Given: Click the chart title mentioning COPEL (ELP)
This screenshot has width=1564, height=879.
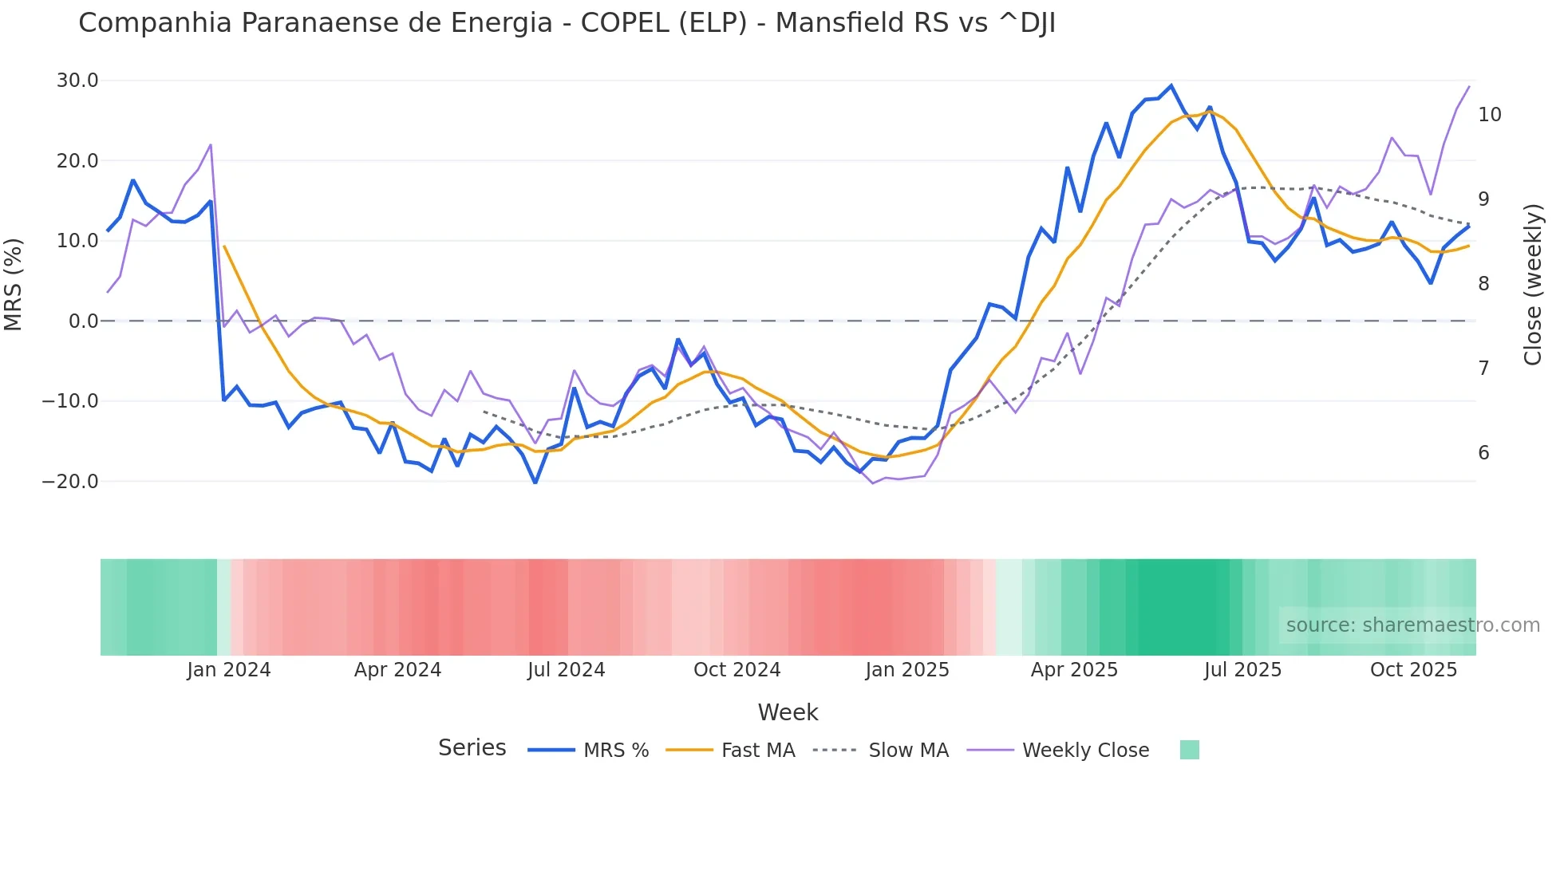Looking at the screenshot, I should [x=567, y=23].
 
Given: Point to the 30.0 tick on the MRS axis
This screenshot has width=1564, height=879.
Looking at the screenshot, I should [x=77, y=81].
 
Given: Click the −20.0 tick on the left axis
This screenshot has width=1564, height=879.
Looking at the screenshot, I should [x=70, y=482].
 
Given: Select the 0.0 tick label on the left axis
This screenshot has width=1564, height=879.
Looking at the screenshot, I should [x=83, y=321].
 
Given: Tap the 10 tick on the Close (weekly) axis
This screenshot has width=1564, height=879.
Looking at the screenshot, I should [x=1489, y=115].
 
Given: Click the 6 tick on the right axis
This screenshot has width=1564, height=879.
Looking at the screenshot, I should [x=1483, y=453].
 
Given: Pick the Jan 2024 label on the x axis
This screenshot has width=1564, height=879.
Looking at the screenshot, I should [x=229, y=670].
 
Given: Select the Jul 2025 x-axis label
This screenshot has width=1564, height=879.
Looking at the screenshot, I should [x=1242, y=670].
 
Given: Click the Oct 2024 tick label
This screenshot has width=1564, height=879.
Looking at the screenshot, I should [x=737, y=670].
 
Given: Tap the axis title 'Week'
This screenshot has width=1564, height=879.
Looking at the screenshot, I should [x=788, y=712].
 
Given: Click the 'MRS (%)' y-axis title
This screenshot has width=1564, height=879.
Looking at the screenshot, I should [x=14, y=284].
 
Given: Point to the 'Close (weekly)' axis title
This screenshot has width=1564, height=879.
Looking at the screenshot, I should [x=1533, y=285].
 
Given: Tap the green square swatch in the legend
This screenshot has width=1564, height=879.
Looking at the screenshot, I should [x=1189, y=750].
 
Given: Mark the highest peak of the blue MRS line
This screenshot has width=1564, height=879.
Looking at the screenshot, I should [x=1171, y=85].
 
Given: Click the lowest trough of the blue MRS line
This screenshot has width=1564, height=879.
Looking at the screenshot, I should [x=535, y=483].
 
